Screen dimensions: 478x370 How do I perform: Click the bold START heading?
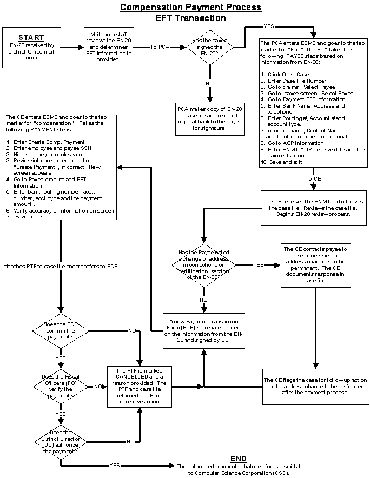point(31,37)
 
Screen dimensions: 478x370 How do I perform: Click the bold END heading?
point(239,459)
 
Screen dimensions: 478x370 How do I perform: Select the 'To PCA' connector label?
point(160,47)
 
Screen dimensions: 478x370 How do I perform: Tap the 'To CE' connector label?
point(313,178)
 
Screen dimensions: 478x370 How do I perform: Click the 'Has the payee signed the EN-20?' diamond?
point(209,47)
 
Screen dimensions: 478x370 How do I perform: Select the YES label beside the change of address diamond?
point(259,264)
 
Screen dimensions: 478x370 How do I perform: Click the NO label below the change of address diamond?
point(203,299)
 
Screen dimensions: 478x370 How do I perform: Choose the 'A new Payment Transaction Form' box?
point(203,330)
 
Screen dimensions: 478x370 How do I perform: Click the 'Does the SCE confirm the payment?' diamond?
point(61,330)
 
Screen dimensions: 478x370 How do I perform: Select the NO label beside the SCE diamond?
point(132,330)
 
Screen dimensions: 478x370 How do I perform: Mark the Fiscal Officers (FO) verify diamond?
point(61,386)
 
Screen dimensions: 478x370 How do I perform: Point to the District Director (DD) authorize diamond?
point(61,442)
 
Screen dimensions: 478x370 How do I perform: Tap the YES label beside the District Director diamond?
point(115,465)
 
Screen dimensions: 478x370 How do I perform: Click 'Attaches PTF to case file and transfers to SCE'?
point(61,266)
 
